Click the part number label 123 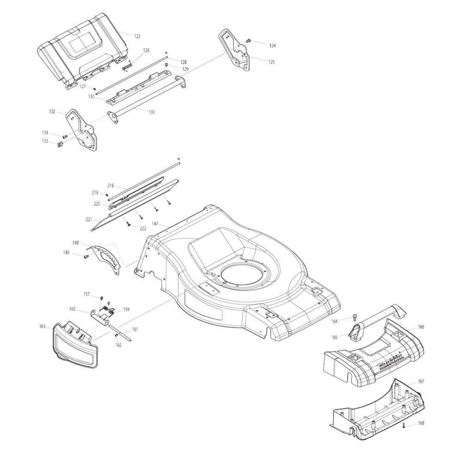point(137,36)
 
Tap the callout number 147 point(155,224)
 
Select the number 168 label point(421,423)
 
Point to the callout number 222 point(143,229)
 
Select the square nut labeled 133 point(60,144)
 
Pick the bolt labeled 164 point(354,317)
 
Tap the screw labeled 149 point(86,257)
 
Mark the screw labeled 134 point(65,136)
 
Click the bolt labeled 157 point(101,298)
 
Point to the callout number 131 point(152,112)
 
